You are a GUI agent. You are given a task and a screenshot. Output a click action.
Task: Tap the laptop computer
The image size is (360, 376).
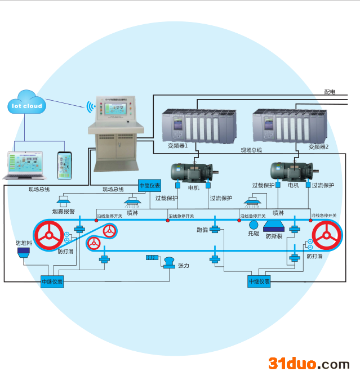23,165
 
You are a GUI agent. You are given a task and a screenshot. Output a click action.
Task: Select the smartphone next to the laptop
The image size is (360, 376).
64,165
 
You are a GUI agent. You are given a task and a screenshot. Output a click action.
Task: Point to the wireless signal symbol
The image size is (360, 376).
90,106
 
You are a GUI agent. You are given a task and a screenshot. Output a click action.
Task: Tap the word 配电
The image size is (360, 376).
330,91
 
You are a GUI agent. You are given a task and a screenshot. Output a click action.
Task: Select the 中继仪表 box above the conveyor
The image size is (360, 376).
149,185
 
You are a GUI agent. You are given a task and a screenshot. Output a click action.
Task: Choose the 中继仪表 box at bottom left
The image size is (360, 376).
52,281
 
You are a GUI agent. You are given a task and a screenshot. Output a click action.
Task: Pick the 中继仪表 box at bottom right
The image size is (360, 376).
259,281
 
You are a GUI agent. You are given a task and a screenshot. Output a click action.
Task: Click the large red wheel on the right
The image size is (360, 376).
327,235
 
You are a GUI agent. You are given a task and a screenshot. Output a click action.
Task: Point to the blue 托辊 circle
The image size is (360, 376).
254,225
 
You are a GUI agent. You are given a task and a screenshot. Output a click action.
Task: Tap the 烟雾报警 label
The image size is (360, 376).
63,212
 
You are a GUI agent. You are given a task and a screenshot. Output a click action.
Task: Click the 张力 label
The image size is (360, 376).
183,265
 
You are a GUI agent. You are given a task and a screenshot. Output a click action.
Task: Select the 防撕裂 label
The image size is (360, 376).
274,236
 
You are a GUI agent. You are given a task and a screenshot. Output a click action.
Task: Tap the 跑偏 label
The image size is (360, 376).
202,230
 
